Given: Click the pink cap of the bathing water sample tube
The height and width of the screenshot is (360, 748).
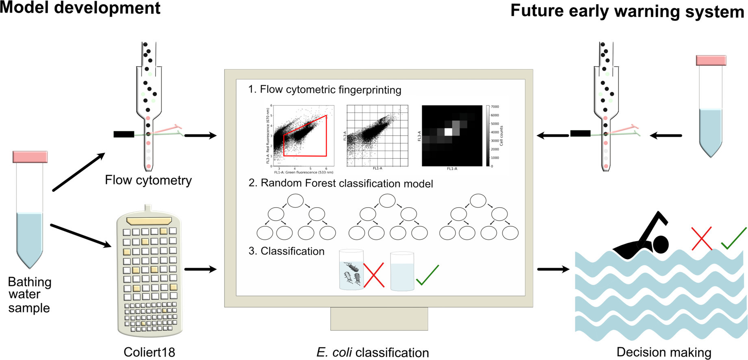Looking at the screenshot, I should [x=30, y=157].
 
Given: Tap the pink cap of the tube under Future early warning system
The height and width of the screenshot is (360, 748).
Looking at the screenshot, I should [x=711, y=61].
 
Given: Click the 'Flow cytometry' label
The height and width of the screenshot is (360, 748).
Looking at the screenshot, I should [x=148, y=180].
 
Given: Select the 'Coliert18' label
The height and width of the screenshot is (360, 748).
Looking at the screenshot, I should [x=149, y=352].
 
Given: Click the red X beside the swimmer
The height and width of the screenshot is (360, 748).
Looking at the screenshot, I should [x=702, y=239].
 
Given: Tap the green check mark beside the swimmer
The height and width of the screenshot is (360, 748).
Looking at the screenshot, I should [x=734, y=239].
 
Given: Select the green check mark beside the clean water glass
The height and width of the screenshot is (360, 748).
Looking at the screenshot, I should [x=427, y=275].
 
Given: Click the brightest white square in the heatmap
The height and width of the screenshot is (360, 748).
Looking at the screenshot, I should [x=448, y=132].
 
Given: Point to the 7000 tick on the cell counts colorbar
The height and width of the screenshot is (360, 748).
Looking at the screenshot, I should [x=494, y=107].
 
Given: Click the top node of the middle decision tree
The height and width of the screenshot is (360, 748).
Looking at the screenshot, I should [x=387, y=201].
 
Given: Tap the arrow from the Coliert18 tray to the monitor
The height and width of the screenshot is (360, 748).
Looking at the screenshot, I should [x=200, y=269].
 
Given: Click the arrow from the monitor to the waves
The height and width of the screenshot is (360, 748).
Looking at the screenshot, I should [x=553, y=269].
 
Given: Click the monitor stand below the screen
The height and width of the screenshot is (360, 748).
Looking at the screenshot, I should [x=379, y=319].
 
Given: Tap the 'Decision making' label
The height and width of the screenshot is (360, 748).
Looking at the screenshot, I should [x=663, y=352].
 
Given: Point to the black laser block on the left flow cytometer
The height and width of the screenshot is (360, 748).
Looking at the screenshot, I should [x=124, y=134].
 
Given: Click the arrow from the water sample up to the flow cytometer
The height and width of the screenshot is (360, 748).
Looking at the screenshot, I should [x=79, y=172].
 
